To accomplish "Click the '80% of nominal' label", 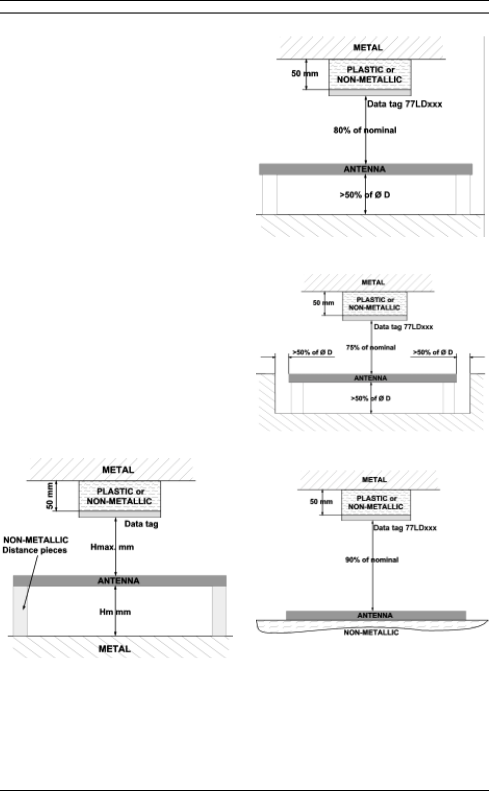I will click(x=365, y=130).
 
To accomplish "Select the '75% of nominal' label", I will click(x=370, y=347).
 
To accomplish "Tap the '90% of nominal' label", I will click(x=371, y=560).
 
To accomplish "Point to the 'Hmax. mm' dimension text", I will click(x=115, y=547).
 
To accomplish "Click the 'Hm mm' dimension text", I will click(x=115, y=612).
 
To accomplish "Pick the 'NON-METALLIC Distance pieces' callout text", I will click(x=35, y=545).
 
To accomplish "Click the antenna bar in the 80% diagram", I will click(x=366, y=169).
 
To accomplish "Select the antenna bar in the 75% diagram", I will click(x=371, y=378).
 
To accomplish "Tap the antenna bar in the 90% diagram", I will click(x=376, y=616).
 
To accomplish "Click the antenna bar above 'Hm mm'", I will click(x=119, y=581).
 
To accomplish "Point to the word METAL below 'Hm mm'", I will click(x=115, y=649).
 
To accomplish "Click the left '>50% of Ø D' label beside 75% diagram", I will click(x=312, y=353).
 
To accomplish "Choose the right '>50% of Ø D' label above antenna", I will click(x=432, y=353).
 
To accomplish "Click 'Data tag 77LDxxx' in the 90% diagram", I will click(x=405, y=528).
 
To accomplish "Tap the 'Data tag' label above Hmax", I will click(x=141, y=524).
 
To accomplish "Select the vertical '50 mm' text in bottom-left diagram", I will click(x=49, y=496).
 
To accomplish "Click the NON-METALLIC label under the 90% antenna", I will click(x=371, y=632).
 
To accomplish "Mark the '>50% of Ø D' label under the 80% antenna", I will click(x=365, y=196).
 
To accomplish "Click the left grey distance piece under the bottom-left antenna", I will click(x=20, y=611).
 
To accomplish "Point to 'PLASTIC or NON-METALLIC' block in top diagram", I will click(x=369, y=74).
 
